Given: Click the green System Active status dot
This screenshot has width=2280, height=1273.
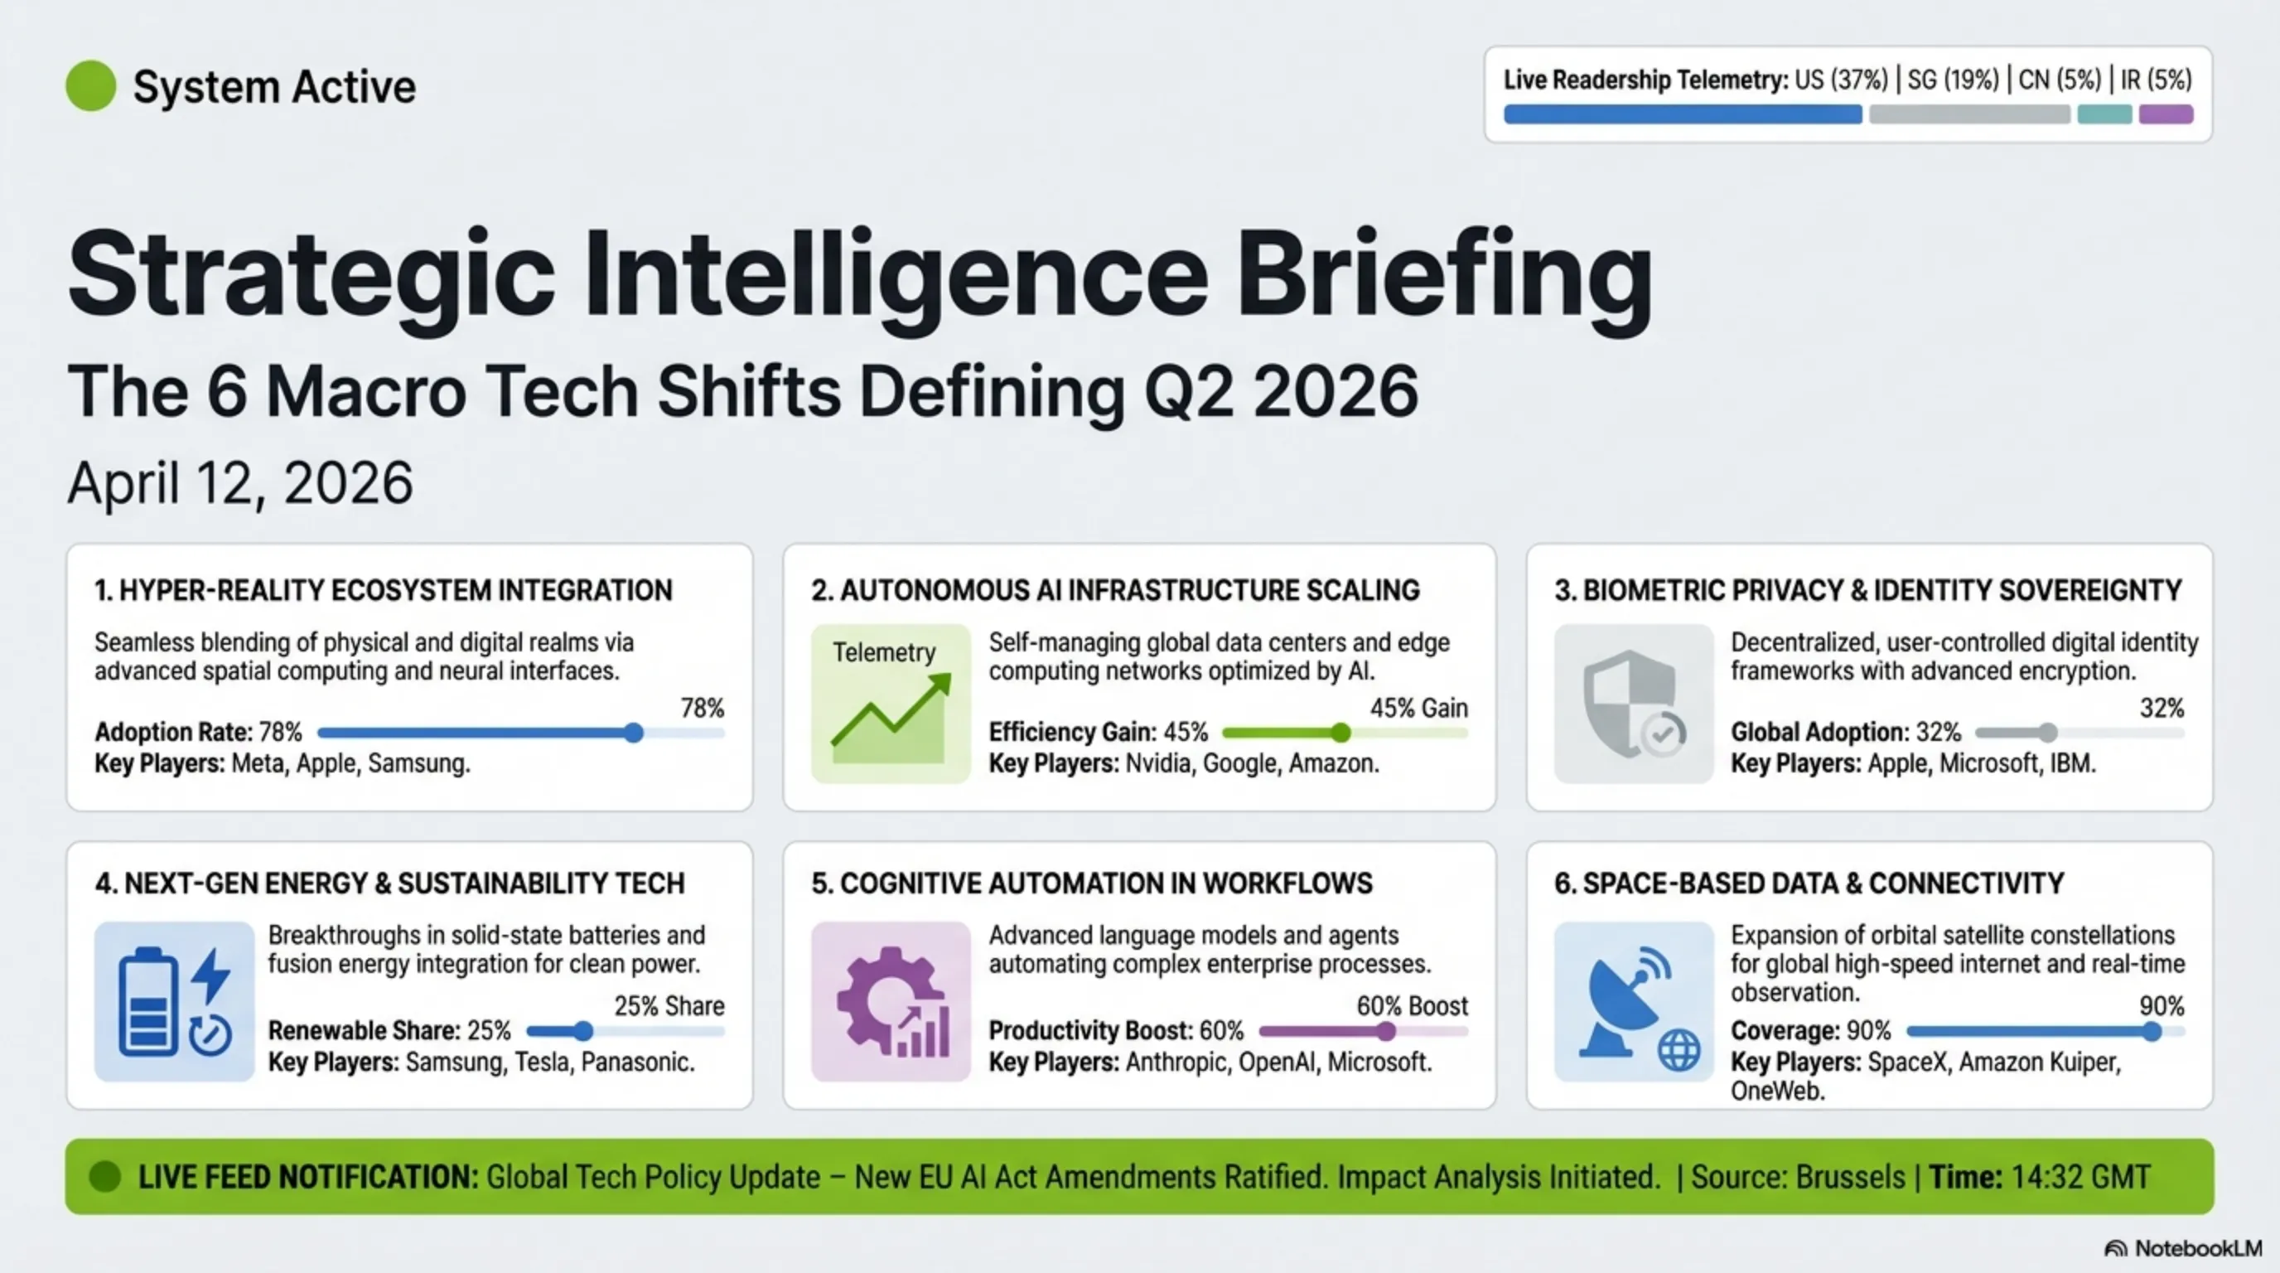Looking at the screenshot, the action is (91, 86).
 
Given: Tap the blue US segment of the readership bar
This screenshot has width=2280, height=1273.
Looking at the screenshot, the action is (1683, 114).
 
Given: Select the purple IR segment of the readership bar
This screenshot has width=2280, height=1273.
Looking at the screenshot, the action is (2166, 114).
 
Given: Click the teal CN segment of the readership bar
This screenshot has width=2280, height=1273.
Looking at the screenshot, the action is (2104, 114).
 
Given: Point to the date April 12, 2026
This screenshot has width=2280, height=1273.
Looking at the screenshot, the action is (241, 483).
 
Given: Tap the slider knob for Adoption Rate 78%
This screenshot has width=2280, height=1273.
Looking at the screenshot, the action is (634, 732).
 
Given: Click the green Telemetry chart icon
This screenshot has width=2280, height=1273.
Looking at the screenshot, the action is (891, 704).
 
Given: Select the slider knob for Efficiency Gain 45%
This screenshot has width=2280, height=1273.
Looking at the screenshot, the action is (1341, 732).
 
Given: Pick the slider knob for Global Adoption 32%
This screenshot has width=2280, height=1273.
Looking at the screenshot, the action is (2048, 732).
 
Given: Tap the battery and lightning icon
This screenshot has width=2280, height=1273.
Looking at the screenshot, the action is (174, 1001).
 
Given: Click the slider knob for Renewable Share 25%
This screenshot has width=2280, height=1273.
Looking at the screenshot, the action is (583, 1030).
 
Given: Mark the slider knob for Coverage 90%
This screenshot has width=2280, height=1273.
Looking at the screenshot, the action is (2152, 1030).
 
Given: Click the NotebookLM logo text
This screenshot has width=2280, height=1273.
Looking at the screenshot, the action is (2198, 1248).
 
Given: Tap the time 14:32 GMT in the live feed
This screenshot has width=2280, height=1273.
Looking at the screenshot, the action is (2081, 1177).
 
